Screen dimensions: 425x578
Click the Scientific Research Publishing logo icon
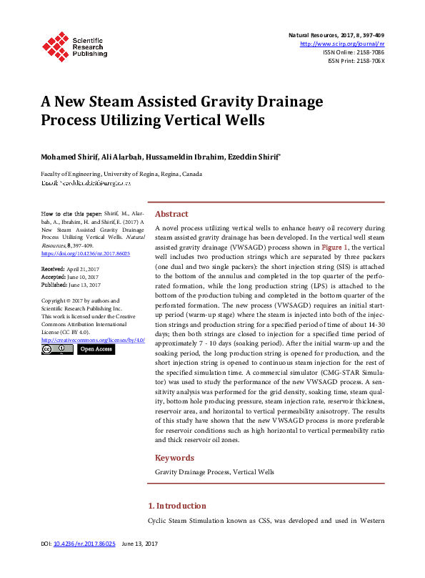click(x=55, y=44)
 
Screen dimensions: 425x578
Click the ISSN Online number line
click(x=354, y=52)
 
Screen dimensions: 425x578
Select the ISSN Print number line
click(x=356, y=61)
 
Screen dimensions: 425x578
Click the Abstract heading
click(x=171, y=214)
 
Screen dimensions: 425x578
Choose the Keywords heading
click(x=175, y=458)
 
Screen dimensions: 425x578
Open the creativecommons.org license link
click(x=93, y=340)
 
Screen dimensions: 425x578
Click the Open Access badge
click(x=96, y=349)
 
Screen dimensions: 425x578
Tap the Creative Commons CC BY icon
click(x=56, y=349)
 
